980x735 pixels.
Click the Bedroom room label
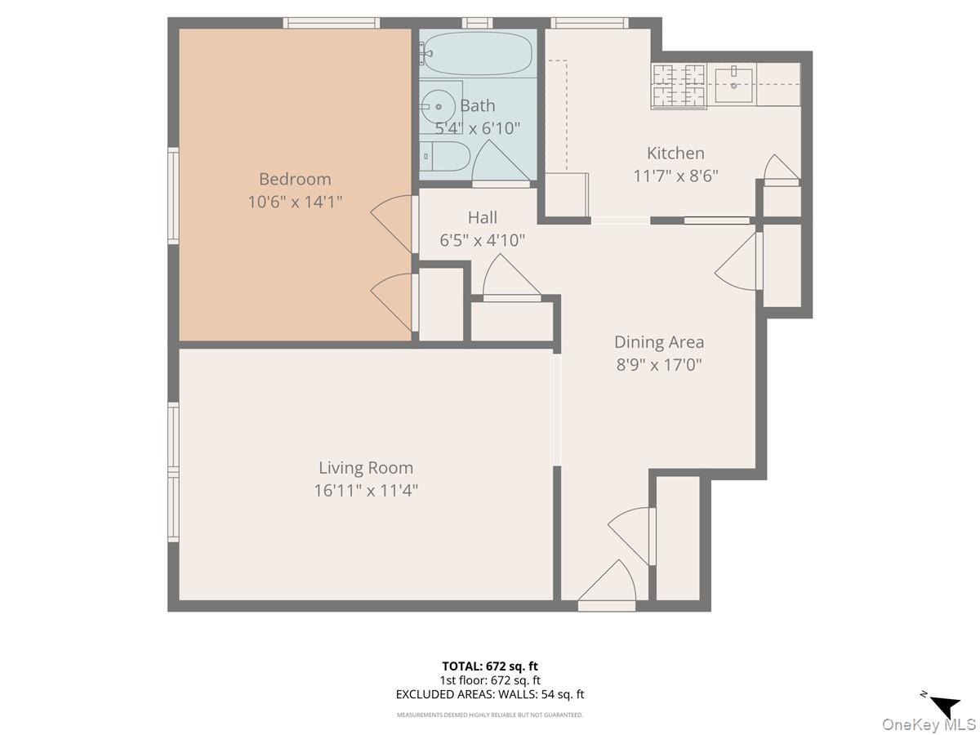tap(295, 179)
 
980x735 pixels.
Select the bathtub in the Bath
tap(478, 53)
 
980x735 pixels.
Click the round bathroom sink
tap(440, 105)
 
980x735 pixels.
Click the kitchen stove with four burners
tap(678, 86)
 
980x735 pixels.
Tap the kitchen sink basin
tap(734, 85)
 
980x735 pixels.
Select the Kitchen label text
tap(675, 153)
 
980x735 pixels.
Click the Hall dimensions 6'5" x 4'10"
tap(482, 240)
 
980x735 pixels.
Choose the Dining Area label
tap(658, 342)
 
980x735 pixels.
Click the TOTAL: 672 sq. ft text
tap(490, 666)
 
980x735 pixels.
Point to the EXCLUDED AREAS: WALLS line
tap(490, 695)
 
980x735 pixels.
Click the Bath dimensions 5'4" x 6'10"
tap(478, 128)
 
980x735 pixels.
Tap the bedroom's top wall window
tap(331, 23)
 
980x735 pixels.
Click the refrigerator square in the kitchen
tap(566, 194)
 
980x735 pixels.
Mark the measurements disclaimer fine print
tap(490, 715)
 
